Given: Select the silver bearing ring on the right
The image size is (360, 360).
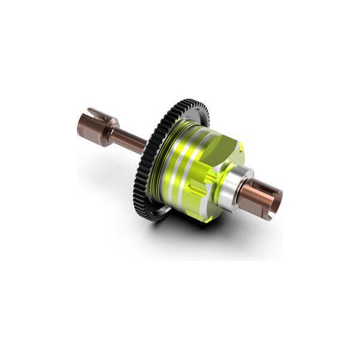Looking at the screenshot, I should (231, 189).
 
